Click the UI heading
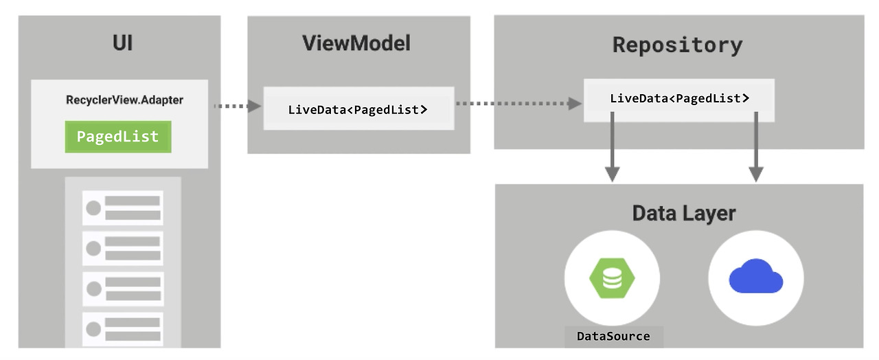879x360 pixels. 122,44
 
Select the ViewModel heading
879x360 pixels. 356,44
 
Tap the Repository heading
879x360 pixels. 677,45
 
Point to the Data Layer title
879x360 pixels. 683,213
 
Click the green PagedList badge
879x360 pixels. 117,137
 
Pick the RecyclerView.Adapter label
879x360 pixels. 124,100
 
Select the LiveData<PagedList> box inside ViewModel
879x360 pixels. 358,109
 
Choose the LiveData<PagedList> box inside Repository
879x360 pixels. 679,99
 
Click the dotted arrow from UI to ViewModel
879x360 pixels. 237,106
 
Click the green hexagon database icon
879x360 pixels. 612,278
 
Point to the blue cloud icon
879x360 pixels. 756,277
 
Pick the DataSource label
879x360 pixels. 613,337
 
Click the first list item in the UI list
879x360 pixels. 123,208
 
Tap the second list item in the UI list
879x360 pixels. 123,249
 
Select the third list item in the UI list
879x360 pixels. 123,289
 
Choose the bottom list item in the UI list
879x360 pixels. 123,330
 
